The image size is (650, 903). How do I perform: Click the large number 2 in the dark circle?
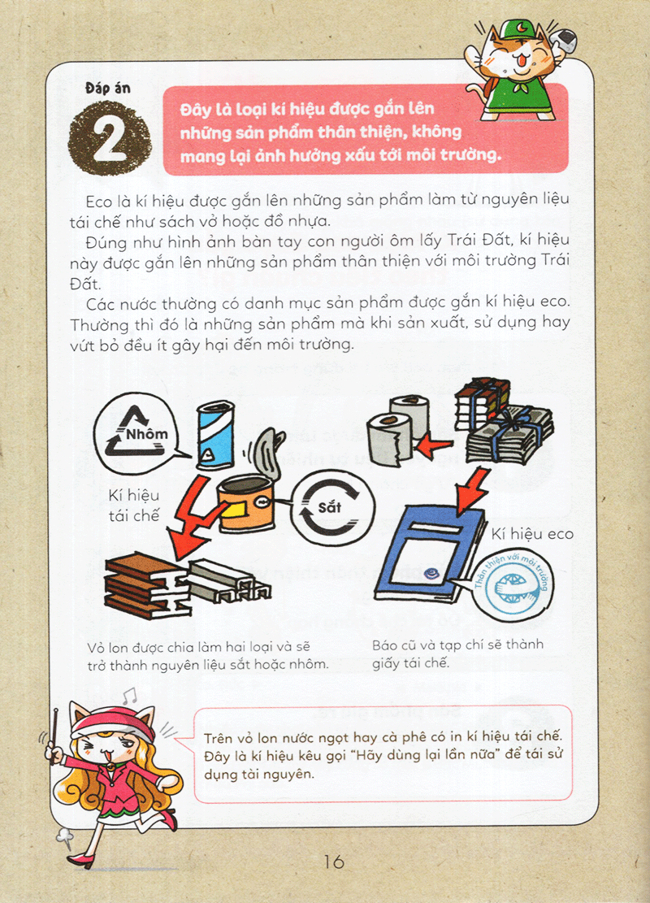(x=110, y=139)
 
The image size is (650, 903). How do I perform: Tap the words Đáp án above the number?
(x=108, y=88)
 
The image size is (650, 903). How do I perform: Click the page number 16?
(x=334, y=862)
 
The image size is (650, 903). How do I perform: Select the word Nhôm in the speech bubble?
(x=147, y=434)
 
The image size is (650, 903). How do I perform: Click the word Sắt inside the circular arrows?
(x=329, y=507)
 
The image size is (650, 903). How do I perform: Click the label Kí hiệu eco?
(x=532, y=535)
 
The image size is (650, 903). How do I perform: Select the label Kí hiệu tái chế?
(x=133, y=506)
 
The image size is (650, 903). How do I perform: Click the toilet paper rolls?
(x=398, y=430)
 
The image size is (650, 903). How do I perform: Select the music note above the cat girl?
(x=129, y=696)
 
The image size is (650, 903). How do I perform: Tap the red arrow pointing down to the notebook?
(x=473, y=490)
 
